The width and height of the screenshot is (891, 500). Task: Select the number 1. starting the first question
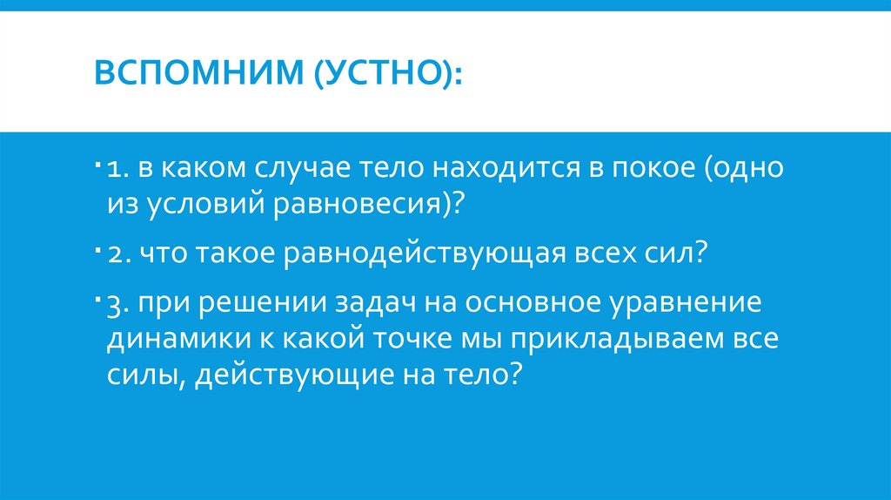pyautogui.click(x=117, y=168)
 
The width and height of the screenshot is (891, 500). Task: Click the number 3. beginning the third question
pyautogui.click(x=118, y=307)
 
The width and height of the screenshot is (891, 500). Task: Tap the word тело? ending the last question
pyautogui.click(x=489, y=375)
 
